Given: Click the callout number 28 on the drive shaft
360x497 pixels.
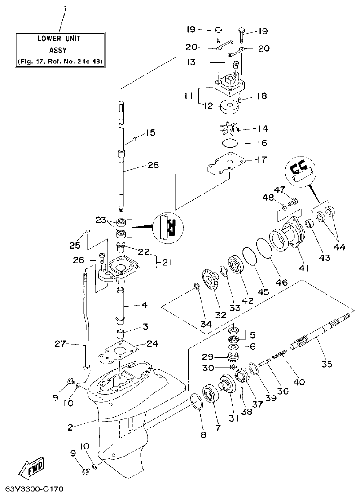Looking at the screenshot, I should pyautogui.click(x=153, y=166).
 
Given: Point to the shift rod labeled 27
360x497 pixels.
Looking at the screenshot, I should pyautogui.click(x=86, y=323).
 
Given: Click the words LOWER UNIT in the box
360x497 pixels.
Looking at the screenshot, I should pyautogui.click(x=60, y=39).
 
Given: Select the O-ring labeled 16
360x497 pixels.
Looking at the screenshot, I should pyautogui.click(x=231, y=144).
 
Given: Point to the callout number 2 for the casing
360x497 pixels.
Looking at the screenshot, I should pyautogui.click(x=70, y=427).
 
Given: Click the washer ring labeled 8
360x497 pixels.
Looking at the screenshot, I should pyautogui.click(x=196, y=401).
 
